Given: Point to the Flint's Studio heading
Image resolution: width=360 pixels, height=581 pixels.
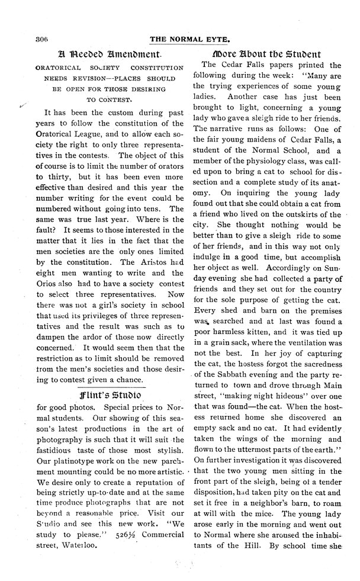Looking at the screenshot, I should (x=105, y=394).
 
